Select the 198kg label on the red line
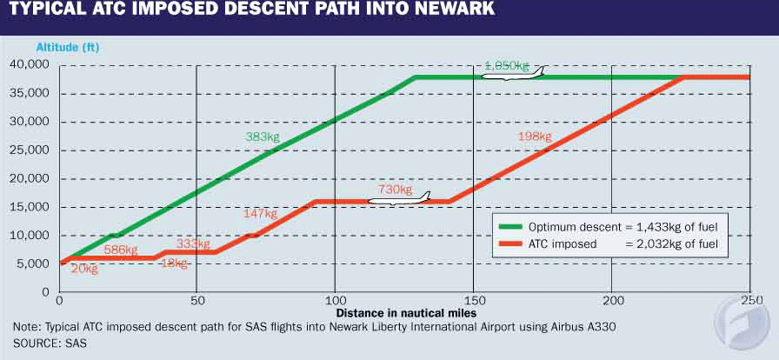tap(535, 137)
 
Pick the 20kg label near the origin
tap(83, 269)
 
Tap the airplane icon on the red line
tap(399, 200)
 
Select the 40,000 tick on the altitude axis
tap(30, 65)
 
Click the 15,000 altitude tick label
tap(30, 207)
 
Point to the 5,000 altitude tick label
tap(34, 263)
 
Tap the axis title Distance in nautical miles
tap(405, 311)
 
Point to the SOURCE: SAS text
tap(50, 343)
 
